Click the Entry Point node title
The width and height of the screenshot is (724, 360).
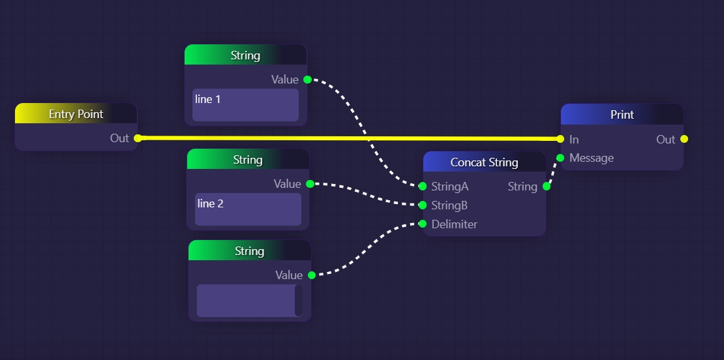pyautogui.click(x=76, y=114)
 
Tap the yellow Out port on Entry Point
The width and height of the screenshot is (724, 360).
pyautogui.click(x=137, y=138)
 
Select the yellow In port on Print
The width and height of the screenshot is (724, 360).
pyautogui.click(x=560, y=139)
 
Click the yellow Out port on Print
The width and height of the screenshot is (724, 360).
pyautogui.click(x=684, y=139)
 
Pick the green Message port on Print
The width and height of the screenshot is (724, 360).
pyautogui.click(x=560, y=158)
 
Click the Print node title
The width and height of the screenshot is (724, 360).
pyautogui.click(x=622, y=115)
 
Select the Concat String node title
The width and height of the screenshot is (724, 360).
pyautogui.click(x=484, y=162)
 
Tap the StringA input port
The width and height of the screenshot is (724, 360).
pyautogui.click(x=423, y=187)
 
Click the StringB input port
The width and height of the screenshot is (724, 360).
pyautogui.click(x=423, y=205)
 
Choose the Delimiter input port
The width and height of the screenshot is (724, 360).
pyautogui.click(x=423, y=224)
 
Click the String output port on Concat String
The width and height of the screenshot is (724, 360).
pyautogui.click(x=547, y=187)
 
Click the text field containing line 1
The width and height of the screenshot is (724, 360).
pyautogui.click(x=245, y=105)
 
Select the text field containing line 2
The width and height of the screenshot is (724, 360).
pyautogui.click(x=248, y=209)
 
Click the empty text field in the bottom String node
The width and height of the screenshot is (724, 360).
pyautogui.click(x=246, y=301)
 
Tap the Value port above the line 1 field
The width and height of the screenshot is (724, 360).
pyautogui.click(x=307, y=80)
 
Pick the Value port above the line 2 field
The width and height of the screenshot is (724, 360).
pyautogui.click(x=310, y=184)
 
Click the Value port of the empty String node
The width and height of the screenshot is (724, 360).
pyautogui.click(x=311, y=275)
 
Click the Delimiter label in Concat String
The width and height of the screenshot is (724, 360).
pyautogui.click(x=455, y=224)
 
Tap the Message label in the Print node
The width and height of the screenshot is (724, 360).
pyautogui.click(x=592, y=158)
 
